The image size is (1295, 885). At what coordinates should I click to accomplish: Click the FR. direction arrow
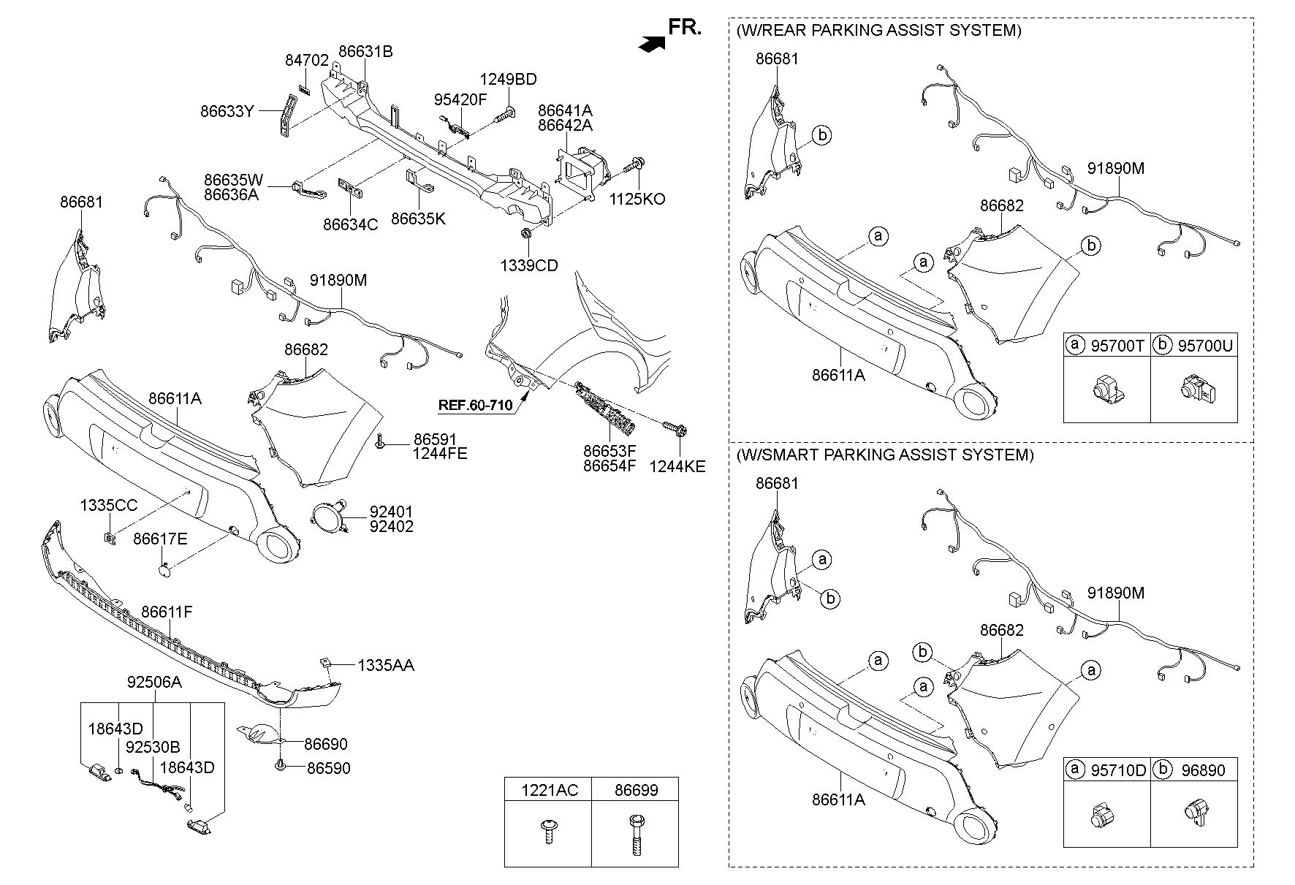652,44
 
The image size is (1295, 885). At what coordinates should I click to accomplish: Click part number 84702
307,61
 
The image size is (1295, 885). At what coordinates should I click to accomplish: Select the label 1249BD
508,80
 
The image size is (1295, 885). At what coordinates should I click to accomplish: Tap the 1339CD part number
528,265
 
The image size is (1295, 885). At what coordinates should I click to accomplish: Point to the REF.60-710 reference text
475,405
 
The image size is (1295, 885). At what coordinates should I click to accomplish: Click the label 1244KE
677,466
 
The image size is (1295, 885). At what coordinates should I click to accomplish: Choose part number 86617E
160,539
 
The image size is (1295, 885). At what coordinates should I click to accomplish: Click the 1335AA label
385,665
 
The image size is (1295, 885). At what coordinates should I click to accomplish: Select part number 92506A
154,682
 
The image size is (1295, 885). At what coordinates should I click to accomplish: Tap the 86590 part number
328,768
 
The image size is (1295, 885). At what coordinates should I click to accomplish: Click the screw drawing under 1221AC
547,831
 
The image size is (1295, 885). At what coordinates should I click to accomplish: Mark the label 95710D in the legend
1118,770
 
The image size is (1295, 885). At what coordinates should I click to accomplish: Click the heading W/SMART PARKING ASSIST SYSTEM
884,455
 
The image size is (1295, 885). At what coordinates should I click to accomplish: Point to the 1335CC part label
109,505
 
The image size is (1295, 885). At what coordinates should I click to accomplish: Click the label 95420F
460,99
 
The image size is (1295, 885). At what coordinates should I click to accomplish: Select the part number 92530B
153,748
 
